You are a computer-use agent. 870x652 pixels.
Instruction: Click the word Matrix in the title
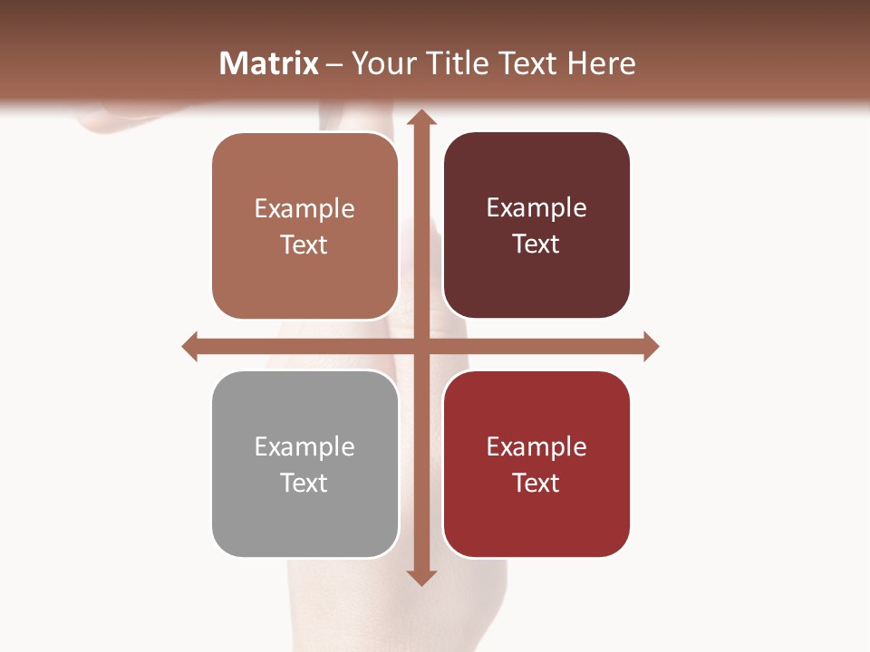click(x=269, y=63)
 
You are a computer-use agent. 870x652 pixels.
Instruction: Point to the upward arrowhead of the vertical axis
click(x=420, y=117)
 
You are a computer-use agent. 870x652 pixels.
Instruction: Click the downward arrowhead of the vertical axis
click(x=420, y=577)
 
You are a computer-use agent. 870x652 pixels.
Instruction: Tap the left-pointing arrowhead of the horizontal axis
click(x=190, y=346)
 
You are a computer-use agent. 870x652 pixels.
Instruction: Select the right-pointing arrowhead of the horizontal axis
click(x=650, y=346)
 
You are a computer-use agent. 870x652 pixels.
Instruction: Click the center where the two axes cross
click(x=420, y=346)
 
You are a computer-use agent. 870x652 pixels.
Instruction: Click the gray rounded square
click(x=304, y=521)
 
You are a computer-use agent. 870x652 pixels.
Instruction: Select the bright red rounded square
click(x=536, y=521)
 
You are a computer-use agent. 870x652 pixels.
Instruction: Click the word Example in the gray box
click(x=304, y=447)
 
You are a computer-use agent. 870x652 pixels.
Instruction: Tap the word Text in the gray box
click(x=304, y=483)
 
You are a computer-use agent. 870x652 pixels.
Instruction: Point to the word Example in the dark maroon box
click(x=536, y=208)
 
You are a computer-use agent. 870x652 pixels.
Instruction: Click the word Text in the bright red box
click(x=536, y=483)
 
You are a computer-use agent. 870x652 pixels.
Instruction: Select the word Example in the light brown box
click(x=304, y=209)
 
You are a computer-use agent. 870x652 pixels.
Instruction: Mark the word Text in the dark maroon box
click(x=536, y=244)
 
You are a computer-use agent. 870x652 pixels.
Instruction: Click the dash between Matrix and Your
click(x=334, y=64)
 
